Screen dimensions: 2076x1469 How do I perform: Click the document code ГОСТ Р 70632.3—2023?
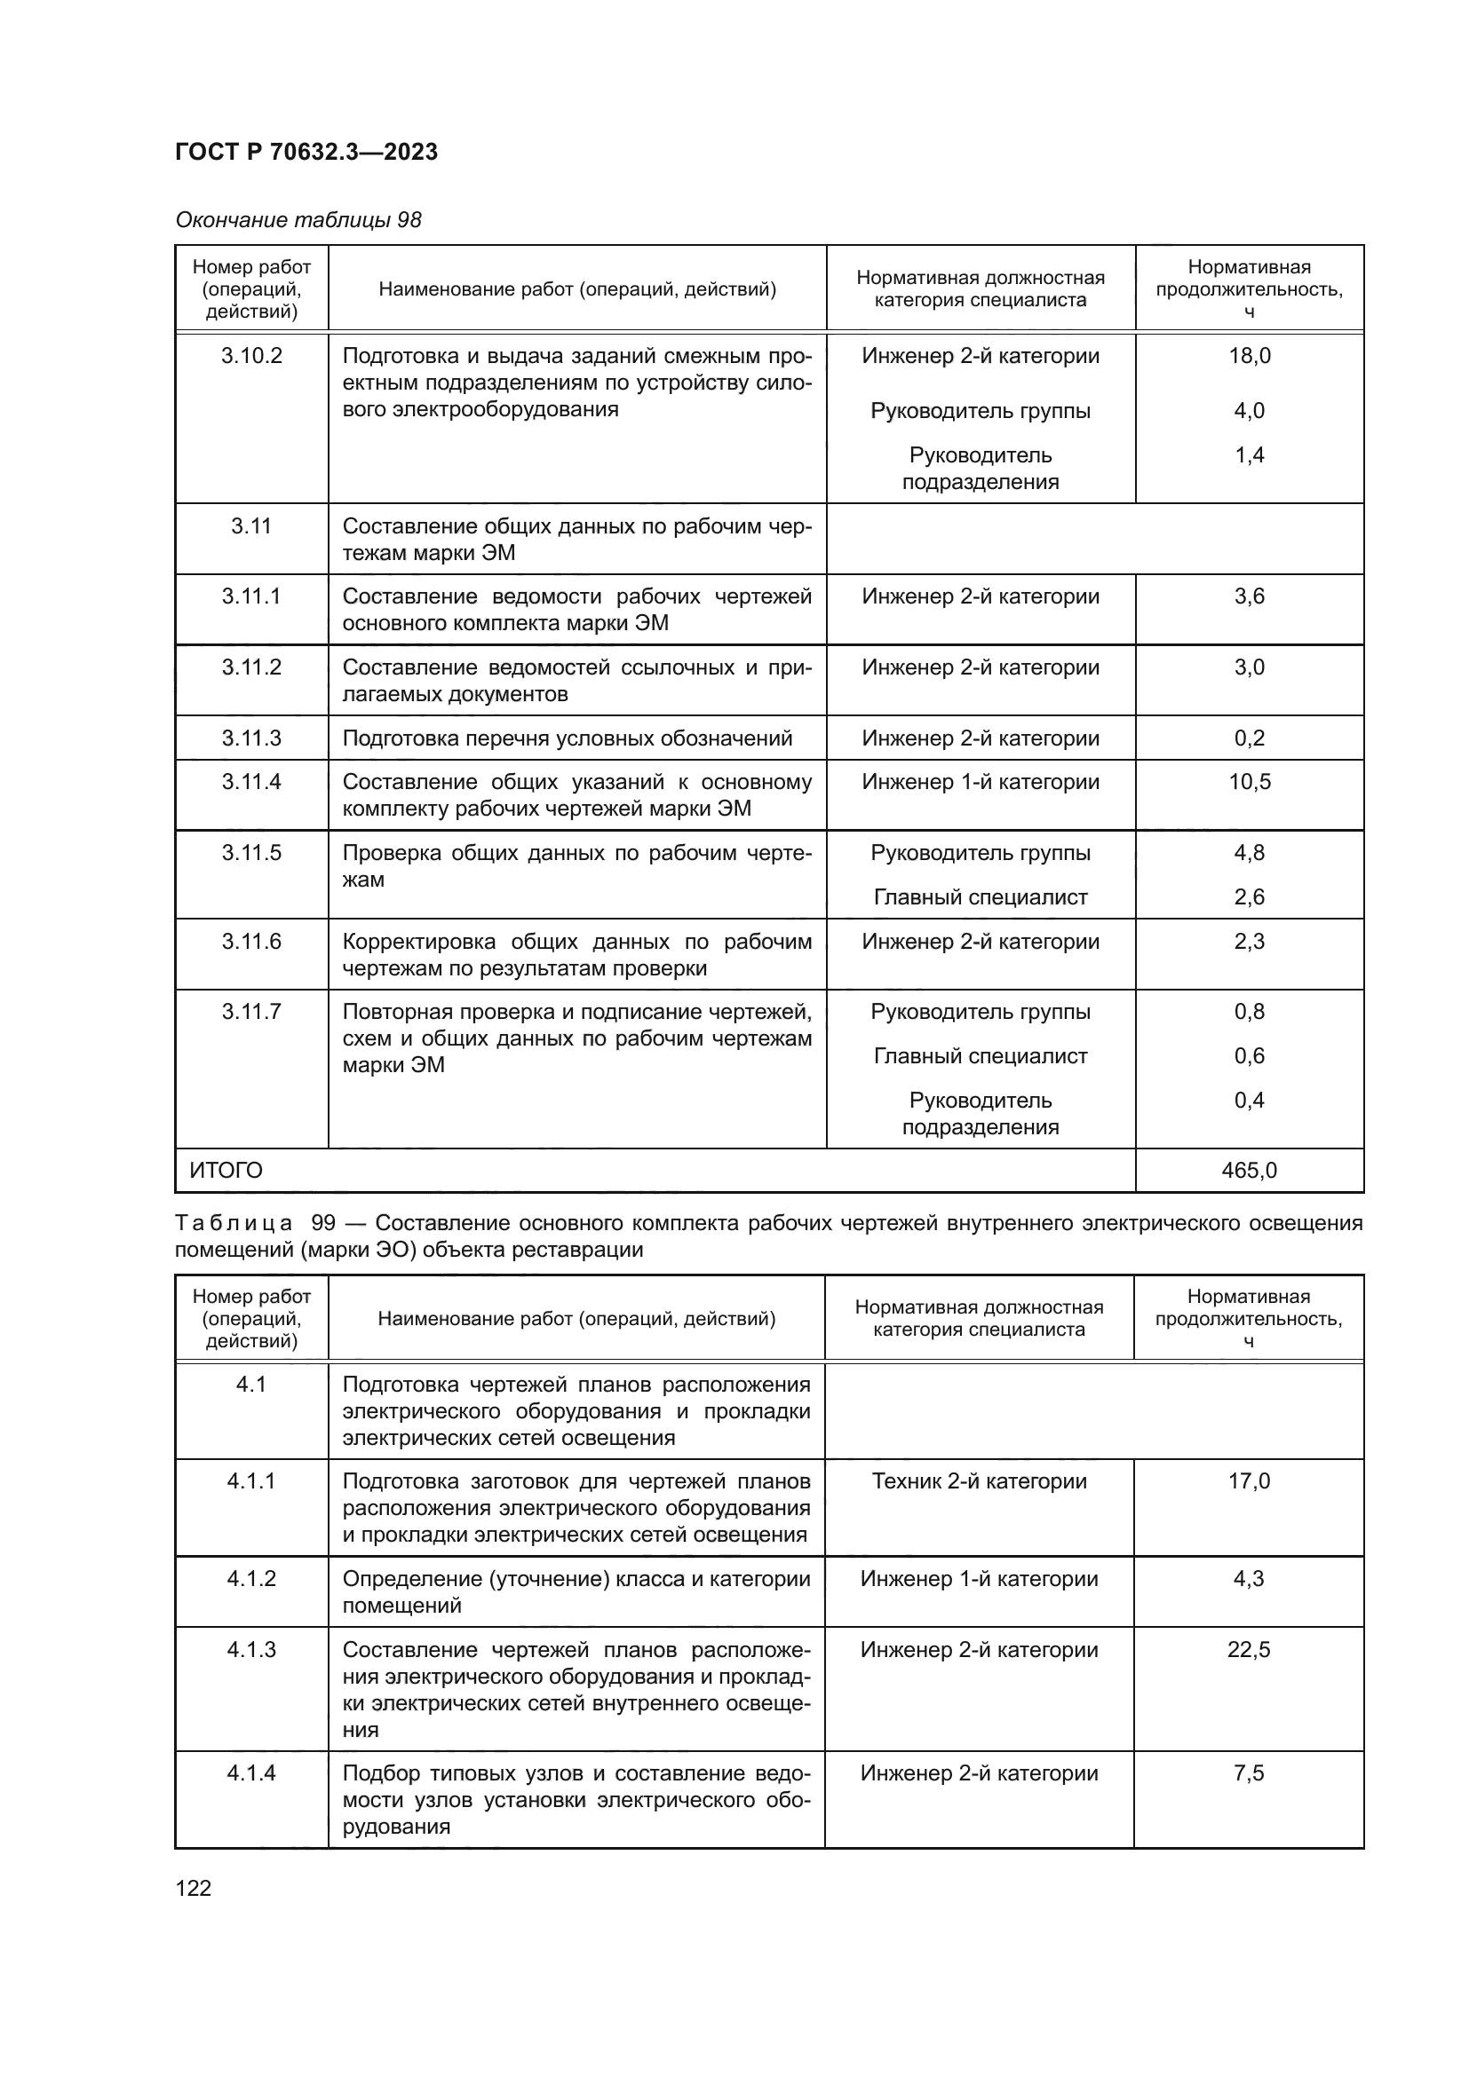coord(306,152)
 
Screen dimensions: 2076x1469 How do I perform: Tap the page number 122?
coord(193,1888)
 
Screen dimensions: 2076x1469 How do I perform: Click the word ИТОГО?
coord(226,1171)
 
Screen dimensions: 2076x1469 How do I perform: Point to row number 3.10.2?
coord(251,355)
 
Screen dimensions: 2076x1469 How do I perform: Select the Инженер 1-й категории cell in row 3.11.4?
coord(980,781)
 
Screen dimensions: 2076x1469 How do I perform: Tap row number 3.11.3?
coord(251,738)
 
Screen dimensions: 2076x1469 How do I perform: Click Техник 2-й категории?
coord(979,1481)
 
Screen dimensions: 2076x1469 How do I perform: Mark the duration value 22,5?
coord(1248,1649)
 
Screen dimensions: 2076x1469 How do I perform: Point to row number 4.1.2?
coord(251,1579)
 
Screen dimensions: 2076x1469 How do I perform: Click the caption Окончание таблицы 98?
coord(298,220)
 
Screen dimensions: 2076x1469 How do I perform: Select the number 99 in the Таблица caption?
coord(323,1223)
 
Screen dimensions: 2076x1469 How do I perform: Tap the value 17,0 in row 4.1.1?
coord(1248,1481)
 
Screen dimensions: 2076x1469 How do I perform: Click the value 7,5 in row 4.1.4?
coord(1248,1773)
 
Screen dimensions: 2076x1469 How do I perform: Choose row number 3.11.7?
coord(251,1011)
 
